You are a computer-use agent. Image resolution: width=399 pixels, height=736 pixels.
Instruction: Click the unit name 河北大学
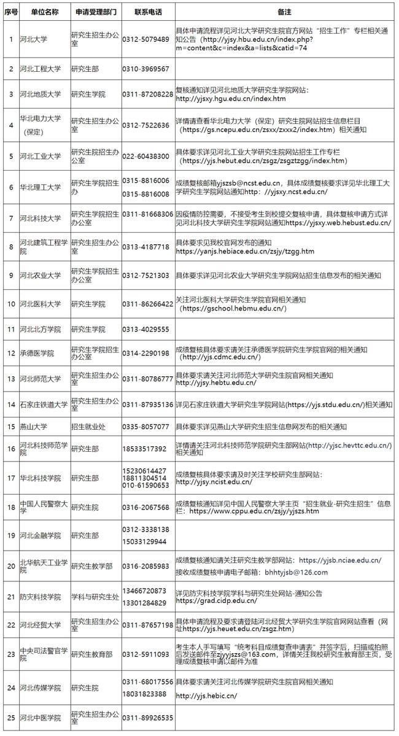[x=33, y=39]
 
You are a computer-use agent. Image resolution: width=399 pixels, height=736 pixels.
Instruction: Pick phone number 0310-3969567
[x=145, y=69]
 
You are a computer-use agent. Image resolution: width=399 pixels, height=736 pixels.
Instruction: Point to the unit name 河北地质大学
[x=41, y=95]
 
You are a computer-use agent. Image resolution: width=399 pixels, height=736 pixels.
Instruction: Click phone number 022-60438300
[x=145, y=157]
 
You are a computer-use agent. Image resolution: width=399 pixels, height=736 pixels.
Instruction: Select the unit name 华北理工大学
[x=41, y=187]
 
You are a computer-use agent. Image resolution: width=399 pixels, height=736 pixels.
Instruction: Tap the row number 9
[x=10, y=276]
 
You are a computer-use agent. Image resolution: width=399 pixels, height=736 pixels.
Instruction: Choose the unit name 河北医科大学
[x=41, y=304]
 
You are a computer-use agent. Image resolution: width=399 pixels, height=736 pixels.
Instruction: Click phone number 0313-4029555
[x=145, y=330]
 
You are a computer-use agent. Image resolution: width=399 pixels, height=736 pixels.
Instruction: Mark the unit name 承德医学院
[x=37, y=354]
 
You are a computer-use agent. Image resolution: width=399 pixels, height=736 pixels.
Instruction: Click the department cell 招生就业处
[x=90, y=426]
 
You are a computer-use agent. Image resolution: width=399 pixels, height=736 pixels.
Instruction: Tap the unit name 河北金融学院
[x=41, y=535]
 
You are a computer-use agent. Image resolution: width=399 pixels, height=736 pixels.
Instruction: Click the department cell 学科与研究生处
[x=95, y=597]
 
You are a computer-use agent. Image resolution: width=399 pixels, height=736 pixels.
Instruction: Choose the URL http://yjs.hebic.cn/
[x=206, y=695]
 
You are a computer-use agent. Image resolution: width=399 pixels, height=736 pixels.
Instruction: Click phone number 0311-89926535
[x=147, y=718]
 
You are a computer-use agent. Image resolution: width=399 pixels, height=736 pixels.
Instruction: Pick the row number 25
[x=10, y=718]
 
